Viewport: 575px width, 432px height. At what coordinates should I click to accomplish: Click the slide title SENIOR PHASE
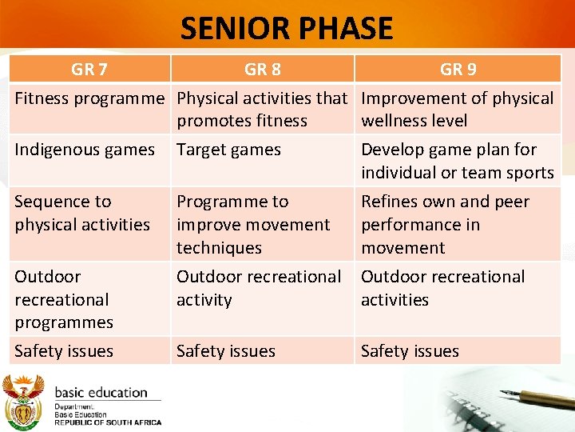pyautogui.click(x=287, y=29)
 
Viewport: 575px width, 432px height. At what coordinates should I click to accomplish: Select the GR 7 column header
pyautogui.click(x=89, y=70)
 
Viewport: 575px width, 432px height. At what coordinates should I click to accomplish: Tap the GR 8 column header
pyautogui.click(x=262, y=70)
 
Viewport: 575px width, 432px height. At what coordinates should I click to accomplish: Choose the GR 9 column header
pyautogui.click(x=458, y=70)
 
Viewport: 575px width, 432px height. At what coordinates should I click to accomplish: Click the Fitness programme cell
pyautogui.click(x=89, y=98)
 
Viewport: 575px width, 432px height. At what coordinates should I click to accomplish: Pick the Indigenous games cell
pyautogui.click(x=85, y=150)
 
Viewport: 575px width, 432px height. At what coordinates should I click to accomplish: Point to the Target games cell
pyautogui.click(x=228, y=150)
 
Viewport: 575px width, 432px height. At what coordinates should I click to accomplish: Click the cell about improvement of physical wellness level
pyautogui.click(x=457, y=110)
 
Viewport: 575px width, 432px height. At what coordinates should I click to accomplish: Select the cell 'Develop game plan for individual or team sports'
pyautogui.click(x=457, y=161)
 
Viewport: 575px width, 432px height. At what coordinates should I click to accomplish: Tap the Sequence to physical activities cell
pyautogui.click(x=82, y=213)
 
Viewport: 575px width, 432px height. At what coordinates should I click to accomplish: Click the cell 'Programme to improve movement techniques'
pyautogui.click(x=253, y=225)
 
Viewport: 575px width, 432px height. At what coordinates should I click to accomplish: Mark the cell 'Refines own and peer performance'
pyautogui.click(x=445, y=225)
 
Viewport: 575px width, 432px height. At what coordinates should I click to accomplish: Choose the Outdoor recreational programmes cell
pyautogui.click(x=64, y=299)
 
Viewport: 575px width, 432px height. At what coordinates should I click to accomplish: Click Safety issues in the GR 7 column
pyautogui.click(x=64, y=351)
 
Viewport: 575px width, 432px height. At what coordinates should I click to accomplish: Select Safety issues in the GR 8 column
pyautogui.click(x=226, y=351)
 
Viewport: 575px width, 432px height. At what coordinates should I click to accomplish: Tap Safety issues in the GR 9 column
pyautogui.click(x=410, y=351)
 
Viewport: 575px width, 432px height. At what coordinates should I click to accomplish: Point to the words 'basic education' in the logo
pyautogui.click(x=101, y=393)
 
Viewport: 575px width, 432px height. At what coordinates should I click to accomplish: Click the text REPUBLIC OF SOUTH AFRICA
pyautogui.click(x=107, y=422)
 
